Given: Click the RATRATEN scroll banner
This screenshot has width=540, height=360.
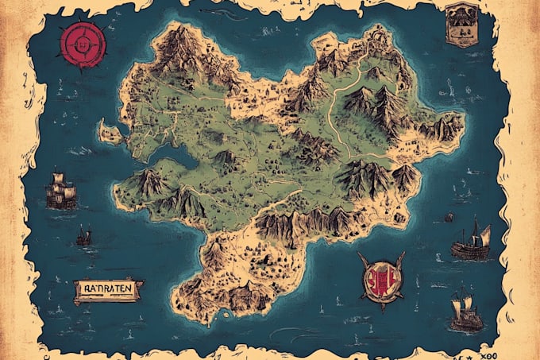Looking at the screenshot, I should [108, 291].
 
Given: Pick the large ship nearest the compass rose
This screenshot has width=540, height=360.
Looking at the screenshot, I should [61, 192].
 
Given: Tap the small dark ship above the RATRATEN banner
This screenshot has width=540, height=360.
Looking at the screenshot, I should [83, 236].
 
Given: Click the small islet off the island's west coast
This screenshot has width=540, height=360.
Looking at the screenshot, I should [109, 132].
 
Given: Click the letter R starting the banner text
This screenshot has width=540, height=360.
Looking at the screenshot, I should [81, 289].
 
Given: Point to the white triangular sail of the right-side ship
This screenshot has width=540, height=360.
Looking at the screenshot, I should [484, 234].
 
